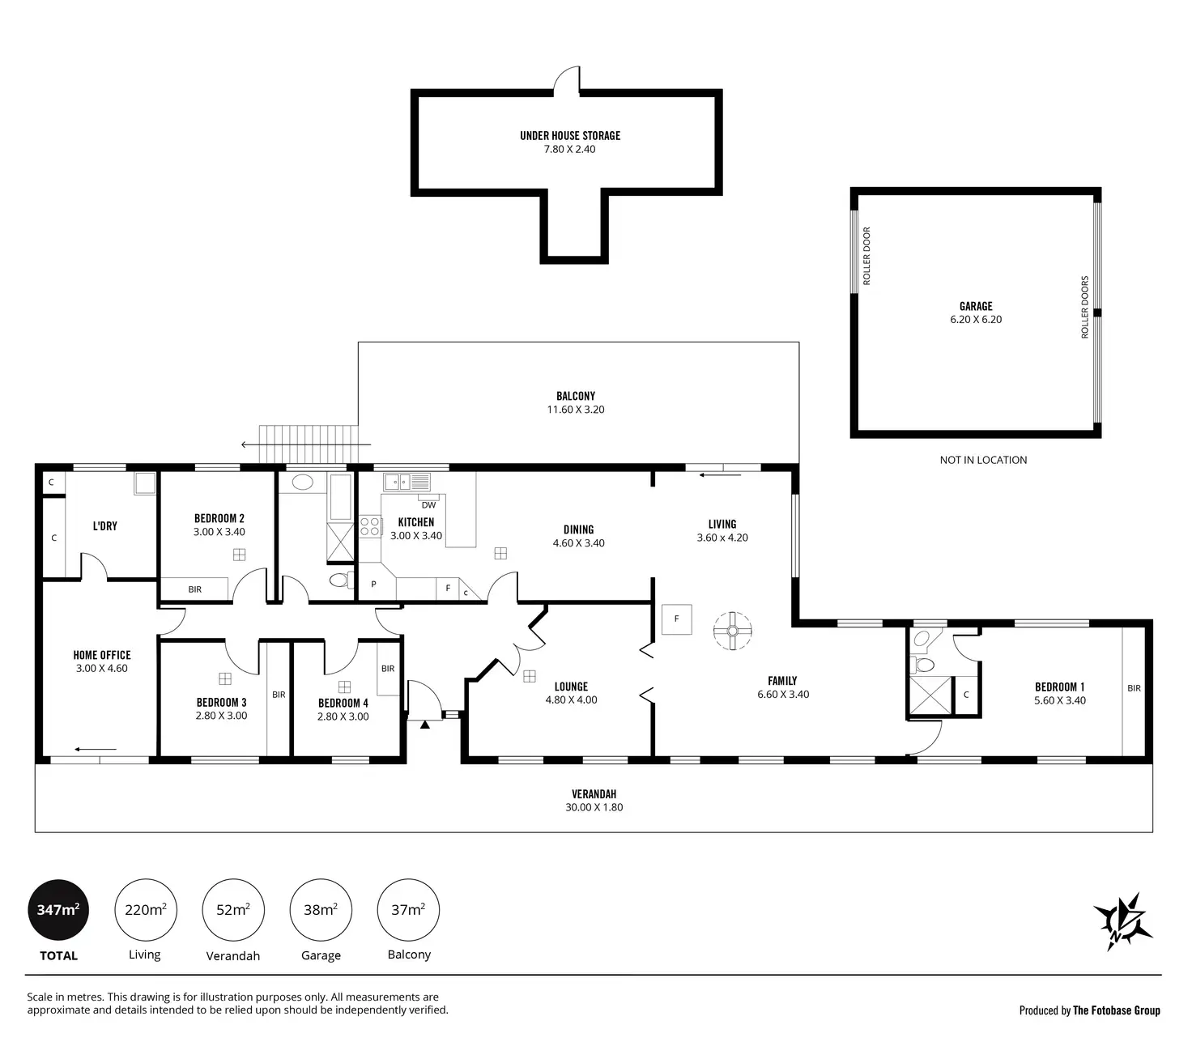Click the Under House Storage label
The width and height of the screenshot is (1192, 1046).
(x=570, y=136)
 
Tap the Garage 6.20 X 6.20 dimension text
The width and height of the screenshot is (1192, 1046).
(x=976, y=320)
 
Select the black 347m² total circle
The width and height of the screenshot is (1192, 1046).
(x=58, y=910)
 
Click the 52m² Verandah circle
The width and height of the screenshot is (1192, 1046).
(x=232, y=910)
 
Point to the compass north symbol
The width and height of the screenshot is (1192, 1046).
(x=1123, y=922)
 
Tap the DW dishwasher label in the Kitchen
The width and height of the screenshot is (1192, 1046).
(x=428, y=505)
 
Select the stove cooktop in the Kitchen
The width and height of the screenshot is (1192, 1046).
(x=370, y=526)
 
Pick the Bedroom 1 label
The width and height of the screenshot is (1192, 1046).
(x=1059, y=687)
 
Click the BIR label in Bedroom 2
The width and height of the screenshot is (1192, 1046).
(x=194, y=589)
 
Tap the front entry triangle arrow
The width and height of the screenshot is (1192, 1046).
(x=424, y=725)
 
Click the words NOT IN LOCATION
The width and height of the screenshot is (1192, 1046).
(x=983, y=460)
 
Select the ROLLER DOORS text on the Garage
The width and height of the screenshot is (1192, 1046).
(x=1085, y=307)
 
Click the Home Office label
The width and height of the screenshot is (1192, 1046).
(x=102, y=655)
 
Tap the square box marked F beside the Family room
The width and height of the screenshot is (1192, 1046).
(x=676, y=619)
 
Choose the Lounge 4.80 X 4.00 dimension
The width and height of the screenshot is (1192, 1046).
(x=571, y=700)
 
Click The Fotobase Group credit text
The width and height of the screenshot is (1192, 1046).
(x=1116, y=1010)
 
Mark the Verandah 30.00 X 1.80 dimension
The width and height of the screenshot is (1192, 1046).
(x=594, y=807)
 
